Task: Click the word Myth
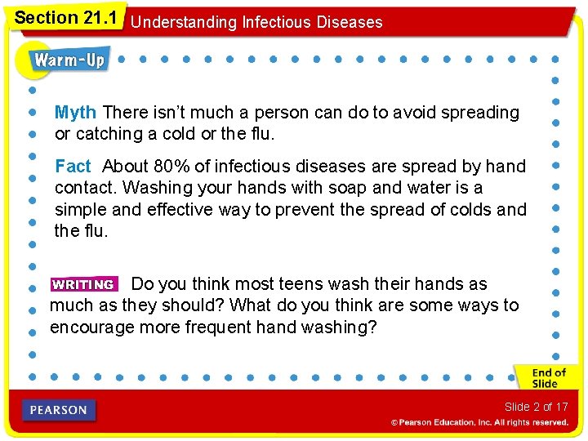click(75, 113)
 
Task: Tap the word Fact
click(73, 167)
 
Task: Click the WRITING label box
click(83, 285)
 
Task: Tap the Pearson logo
click(60, 410)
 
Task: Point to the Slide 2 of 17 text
click(536, 407)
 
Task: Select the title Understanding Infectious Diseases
click(256, 22)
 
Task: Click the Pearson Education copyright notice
click(479, 422)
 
